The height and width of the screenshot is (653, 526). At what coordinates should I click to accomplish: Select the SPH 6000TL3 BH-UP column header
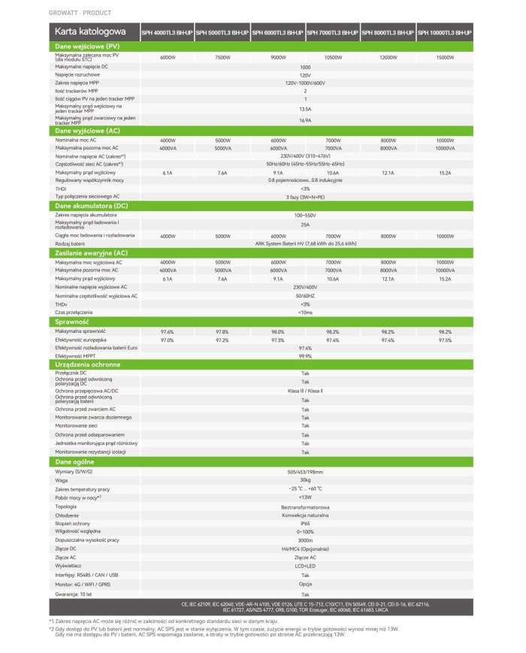[x=277, y=33]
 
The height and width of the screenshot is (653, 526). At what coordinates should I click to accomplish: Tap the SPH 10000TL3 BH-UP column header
[x=445, y=33]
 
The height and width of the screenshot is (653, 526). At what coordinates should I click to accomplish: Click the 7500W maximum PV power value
[x=222, y=57]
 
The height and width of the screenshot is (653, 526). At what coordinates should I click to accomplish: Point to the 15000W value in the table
[x=445, y=57]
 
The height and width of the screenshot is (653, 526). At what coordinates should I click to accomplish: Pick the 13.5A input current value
[x=305, y=109]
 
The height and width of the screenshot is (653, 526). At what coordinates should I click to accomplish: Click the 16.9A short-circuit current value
[x=305, y=120]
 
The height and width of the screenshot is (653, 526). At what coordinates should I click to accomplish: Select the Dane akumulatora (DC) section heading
[x=92, y=205]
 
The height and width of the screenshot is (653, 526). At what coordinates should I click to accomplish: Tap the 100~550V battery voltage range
[x=305, y=215]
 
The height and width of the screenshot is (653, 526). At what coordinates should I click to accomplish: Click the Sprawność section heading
[x=73, y=322]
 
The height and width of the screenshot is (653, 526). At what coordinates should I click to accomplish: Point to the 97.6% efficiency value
[x=168, y=331]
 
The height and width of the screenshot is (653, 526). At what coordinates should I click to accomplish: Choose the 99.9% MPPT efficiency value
[x=305, y=356]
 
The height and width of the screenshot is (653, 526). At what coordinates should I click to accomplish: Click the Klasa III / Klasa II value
[x=305, y=391]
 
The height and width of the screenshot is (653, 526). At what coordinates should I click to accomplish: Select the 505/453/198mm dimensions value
[x=305, y=471]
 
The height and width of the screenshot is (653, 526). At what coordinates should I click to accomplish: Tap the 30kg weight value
[x=305, y=480]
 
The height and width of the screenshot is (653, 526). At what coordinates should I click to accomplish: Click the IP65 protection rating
[x=305, y=522]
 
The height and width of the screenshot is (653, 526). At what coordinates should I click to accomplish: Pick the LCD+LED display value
[x=305, y=566]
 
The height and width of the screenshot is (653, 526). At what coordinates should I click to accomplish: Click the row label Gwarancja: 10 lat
[x=73, y=593]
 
